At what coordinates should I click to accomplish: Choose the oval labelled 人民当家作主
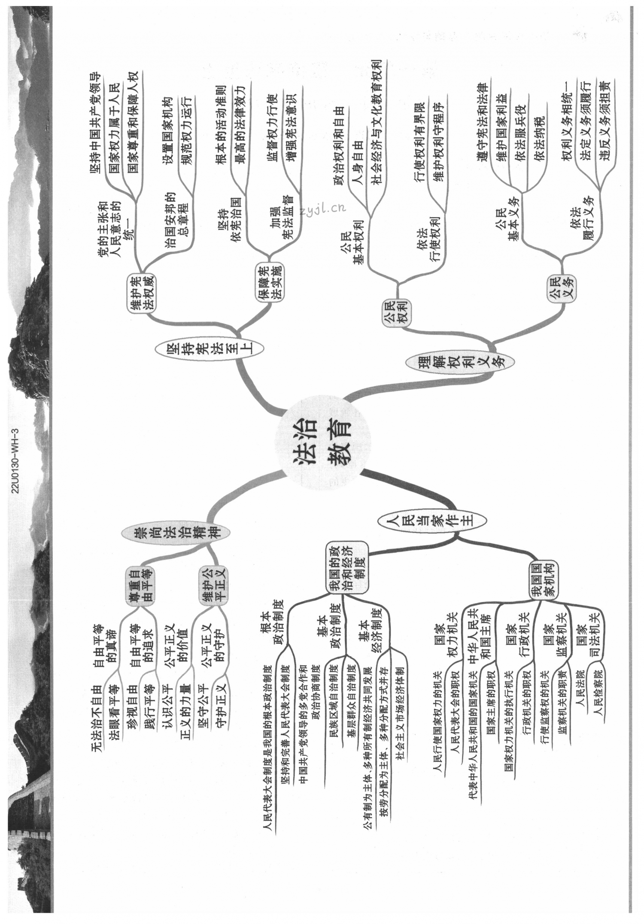coord(432,521)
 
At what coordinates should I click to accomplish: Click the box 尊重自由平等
coord(140,585)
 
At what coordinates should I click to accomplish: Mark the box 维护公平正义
coord(213,585)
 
